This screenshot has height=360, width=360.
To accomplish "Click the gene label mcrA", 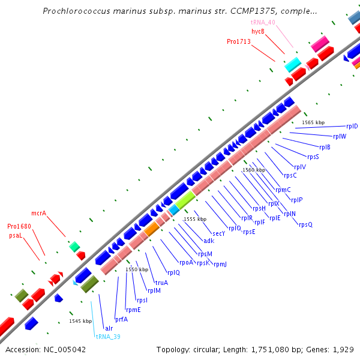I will coord(39,213).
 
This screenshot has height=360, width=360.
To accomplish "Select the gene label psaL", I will coord(16,236).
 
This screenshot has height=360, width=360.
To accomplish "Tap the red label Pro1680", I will coord(19,227).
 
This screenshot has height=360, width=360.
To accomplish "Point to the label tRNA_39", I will coord(108,337).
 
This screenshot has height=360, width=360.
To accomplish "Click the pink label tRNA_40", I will coord(263,22).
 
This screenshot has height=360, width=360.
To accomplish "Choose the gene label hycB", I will coord(258,31).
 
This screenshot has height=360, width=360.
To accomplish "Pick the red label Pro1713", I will coord(239,42).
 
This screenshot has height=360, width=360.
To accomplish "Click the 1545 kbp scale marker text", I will coord(80,322).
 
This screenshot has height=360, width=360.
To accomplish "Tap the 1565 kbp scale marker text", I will coord(313,122).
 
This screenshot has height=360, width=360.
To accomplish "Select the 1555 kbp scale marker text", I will coord(195,220).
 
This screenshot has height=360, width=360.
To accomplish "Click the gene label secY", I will coord(218,233).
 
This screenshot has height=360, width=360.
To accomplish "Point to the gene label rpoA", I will coord(187,262).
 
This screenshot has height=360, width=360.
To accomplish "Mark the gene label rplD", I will coord(352,127).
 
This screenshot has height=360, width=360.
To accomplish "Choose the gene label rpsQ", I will coord(305,225).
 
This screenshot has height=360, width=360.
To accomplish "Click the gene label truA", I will coord(161,283).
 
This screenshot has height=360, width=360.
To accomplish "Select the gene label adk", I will coord(209,241).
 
